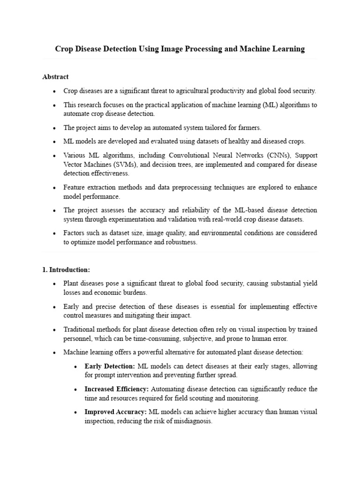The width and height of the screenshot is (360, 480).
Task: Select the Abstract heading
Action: click(x=55, y=76)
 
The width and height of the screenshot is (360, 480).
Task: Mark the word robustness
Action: click(x=181, y=242)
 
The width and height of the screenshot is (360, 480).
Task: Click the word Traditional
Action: click(x=80, y=329)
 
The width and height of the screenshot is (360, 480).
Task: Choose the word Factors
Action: click(x=74, y=233)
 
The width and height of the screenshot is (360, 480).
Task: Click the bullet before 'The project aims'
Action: click(x=55, y=128)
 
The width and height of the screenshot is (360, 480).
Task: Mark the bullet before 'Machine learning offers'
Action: click(x=55, y=352)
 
